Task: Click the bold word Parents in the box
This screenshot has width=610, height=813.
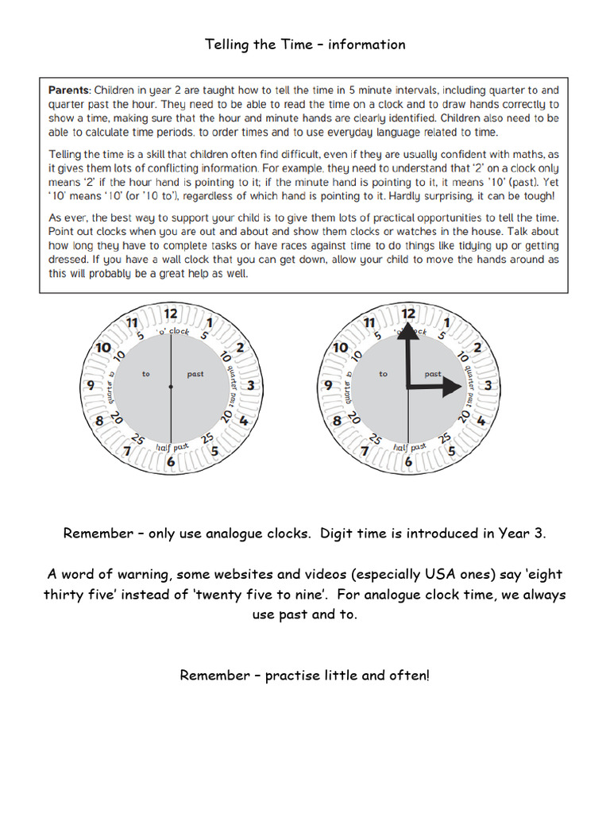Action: [68, 90]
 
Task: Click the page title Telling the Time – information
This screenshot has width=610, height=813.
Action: [305, 44]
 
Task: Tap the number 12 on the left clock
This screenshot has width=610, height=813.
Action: [171, 313]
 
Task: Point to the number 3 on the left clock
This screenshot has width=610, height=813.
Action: [250, 386]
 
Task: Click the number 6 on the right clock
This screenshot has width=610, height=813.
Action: [408, 461]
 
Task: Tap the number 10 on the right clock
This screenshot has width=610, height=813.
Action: [340, 348]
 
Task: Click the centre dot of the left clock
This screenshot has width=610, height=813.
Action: [171, 387]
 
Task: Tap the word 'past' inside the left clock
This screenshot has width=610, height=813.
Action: [195, 374]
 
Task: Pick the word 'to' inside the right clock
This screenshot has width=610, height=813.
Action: [384, 374]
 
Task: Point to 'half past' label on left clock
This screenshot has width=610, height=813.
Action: [172, 447]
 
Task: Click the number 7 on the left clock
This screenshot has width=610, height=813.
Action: [127, 451]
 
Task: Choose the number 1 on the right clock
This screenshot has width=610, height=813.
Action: [447, 322]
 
